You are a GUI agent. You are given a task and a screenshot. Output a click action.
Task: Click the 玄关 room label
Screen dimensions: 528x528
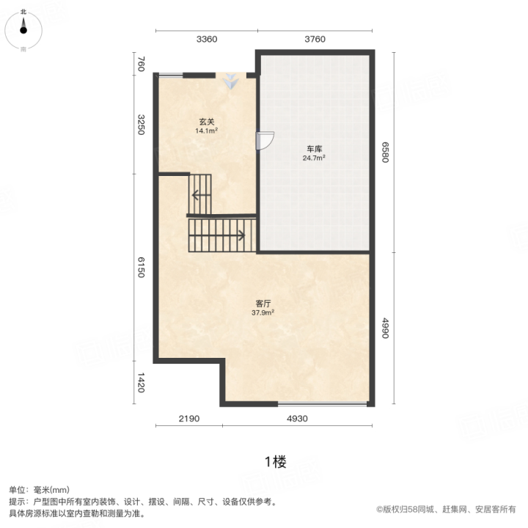click(206, 122)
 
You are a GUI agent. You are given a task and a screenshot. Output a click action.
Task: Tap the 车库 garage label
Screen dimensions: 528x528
click(314, 149)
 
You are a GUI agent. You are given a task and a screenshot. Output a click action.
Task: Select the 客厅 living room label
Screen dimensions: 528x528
click(263, 304)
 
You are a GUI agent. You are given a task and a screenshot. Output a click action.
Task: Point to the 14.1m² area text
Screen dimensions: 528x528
click(206, 131)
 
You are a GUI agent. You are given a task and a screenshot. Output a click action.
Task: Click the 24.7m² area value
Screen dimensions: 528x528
click(314, 158)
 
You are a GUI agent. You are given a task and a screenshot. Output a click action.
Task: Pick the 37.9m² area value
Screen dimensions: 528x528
click(263, 312)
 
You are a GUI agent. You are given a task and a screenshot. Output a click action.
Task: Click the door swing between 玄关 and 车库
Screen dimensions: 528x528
click(265, 141)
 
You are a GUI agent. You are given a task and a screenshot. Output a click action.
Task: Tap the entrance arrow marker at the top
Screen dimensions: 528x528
click(231, 81)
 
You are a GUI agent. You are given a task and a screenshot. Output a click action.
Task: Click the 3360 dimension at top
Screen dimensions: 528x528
click(207, 40)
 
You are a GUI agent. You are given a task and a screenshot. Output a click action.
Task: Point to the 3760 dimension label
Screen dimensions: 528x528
click(315, 40)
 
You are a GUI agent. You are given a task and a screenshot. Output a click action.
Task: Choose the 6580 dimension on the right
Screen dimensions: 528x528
click(385, 153)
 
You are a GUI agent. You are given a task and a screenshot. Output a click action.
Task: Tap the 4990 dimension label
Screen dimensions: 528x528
click(385, 329)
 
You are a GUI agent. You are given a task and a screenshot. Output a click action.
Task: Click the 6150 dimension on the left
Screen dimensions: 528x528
click(141, 268)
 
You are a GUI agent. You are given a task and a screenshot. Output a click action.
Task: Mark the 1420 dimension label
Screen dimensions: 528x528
click(141, 383)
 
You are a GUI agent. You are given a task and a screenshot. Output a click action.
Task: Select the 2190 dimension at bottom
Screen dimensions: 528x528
click(189, 419)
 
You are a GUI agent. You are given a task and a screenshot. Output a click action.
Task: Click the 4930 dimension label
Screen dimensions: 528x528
click(297, 419)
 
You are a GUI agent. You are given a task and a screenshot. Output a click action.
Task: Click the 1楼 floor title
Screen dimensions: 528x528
click(276, 462)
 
